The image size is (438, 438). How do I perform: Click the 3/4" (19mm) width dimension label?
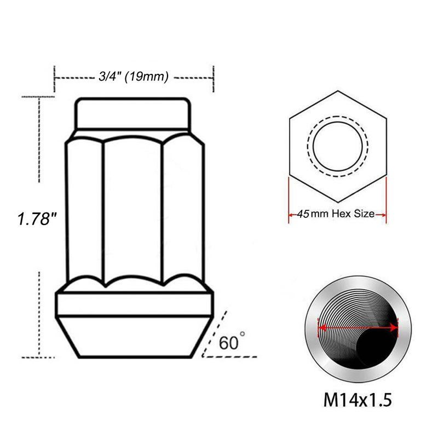(134, 76)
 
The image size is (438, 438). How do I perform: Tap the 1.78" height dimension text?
(37, 218)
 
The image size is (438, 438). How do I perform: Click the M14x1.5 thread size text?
(358, 400)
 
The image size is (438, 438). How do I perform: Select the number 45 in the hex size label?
(303, 214)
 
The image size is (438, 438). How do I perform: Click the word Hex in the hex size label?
(342, 214)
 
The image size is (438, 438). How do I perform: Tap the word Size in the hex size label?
(364, 214)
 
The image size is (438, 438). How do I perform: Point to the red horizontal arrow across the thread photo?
(358, 327)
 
